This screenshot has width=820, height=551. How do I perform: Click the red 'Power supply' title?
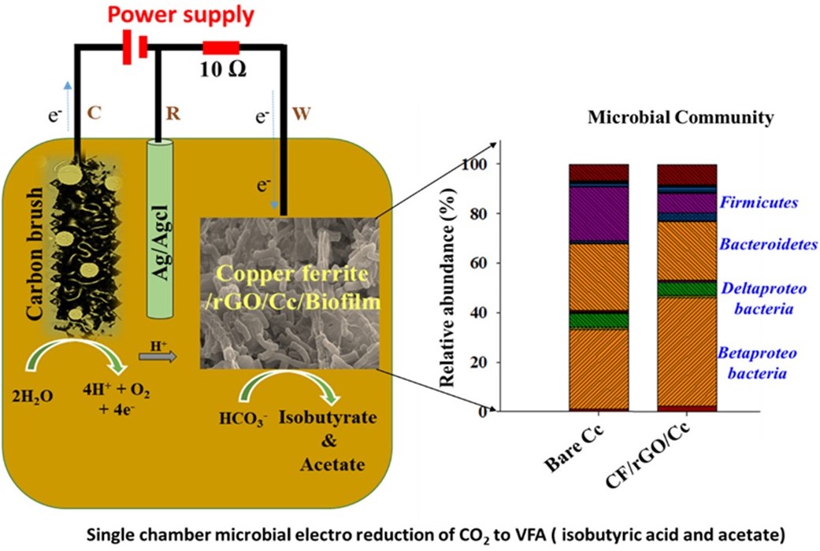[x=181, y=15]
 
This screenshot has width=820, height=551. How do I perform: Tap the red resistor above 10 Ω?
[x=221, y=48]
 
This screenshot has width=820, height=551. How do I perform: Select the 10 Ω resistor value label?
[x=223, y=69]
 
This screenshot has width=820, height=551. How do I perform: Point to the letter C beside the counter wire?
[x=95, y=113]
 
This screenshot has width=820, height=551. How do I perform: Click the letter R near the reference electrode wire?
[x=173, y=113]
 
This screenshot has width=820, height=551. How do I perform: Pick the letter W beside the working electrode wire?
[x=302, y=113]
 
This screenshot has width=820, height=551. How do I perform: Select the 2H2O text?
[x=32, y=397]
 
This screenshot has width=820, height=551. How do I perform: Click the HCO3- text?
[x=243, y=420]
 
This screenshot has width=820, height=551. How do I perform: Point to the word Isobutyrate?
[x=328, y=418]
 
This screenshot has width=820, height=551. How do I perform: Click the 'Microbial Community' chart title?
[x=681, y=117]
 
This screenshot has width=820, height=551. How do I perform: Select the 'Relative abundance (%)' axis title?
[x=447, y=287]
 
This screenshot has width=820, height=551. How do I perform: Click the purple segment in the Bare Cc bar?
[x=599, y=214]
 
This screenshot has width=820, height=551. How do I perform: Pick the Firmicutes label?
[x=759, y=202]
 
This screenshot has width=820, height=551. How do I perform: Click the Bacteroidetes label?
[x=768, y=244]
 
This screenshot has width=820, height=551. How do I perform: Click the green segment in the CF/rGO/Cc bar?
[x=687, y=289]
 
